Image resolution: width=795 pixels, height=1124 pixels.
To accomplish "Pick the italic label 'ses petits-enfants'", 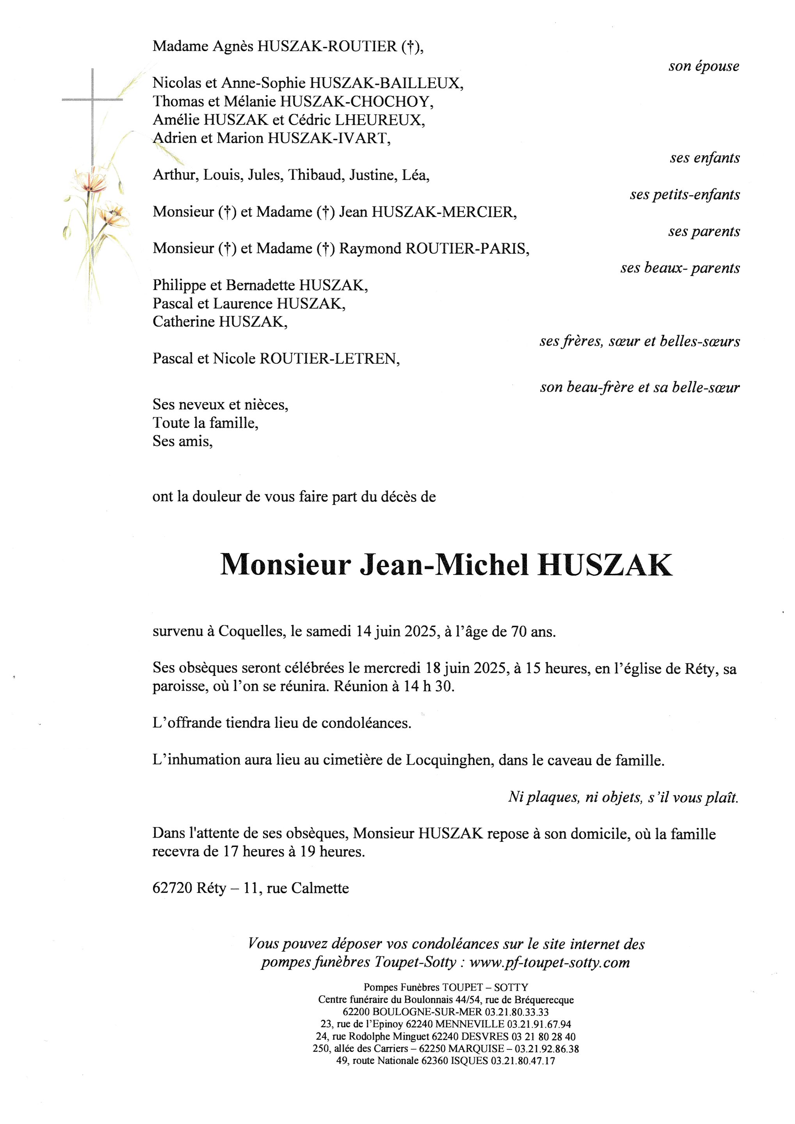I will point(685,195).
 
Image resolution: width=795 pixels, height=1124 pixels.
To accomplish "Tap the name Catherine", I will point(183,322).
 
